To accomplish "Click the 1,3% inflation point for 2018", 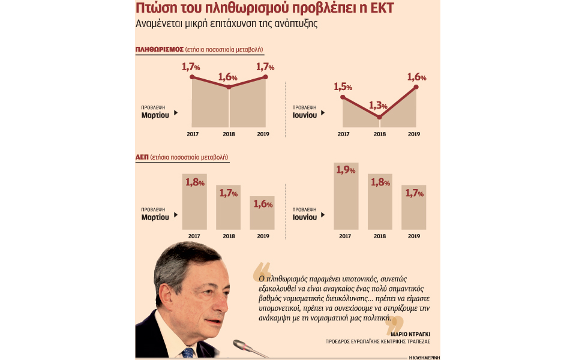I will click(x=379, y=117).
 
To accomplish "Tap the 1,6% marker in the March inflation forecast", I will click(x=229, y=88).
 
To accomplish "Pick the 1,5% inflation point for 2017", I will click(x=343, y=97).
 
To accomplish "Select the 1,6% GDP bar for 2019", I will click(x=262, y=212).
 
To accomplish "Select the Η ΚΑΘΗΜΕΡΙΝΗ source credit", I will click(x=424, y=356).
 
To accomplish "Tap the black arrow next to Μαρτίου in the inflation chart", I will click(x=175, y=112).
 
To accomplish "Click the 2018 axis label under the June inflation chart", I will click(x=379, y=134).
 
